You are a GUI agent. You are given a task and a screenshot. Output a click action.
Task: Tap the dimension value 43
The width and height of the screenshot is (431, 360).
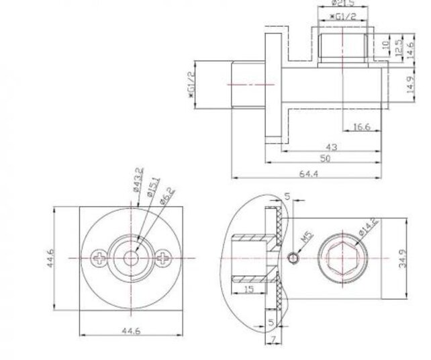pyautogui.click(x=331, y=146)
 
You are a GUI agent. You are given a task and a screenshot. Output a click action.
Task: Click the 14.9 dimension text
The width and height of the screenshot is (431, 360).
pyautogui.click(x=410, y=85)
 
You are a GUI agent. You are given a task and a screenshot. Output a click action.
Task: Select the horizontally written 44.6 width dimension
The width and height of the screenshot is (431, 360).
pyautogui.click(x=131, y=331)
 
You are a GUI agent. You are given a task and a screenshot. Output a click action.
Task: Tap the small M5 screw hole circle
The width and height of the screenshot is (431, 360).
pyautogui.click(x=293, y=258)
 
